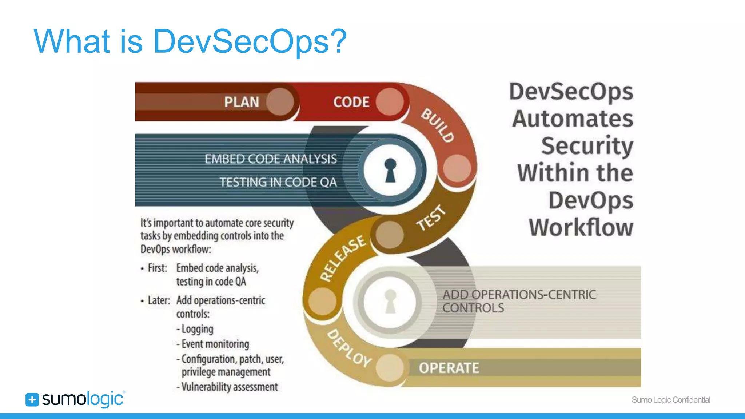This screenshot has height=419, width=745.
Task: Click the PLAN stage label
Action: [242, 102]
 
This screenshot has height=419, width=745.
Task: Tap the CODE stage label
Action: [351, 102]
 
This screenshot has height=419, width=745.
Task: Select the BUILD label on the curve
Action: [438, 125]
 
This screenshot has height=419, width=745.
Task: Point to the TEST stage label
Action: [431, 218]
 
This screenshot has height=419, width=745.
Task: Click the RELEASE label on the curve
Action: [343, 258]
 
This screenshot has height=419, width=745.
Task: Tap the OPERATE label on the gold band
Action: [449, 368]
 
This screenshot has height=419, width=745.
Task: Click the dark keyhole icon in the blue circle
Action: [390, 170]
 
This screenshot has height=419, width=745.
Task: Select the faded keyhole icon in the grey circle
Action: [390, 301]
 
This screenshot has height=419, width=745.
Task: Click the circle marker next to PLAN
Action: [280, 102]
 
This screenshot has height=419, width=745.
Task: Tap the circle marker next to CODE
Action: [390, 102]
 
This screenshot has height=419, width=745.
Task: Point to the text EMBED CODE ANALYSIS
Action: [271, 159]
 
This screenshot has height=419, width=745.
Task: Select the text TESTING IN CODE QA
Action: [278, 182]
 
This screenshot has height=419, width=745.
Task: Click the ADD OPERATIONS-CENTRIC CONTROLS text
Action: [519, 301]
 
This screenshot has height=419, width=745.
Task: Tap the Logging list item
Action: [197, 329]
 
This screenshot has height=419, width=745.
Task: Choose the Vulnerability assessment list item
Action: [229, 387]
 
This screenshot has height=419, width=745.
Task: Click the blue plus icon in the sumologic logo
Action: [32, 400]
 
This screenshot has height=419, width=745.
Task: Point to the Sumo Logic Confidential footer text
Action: [671, 400]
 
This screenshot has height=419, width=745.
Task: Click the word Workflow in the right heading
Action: [581, 227]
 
